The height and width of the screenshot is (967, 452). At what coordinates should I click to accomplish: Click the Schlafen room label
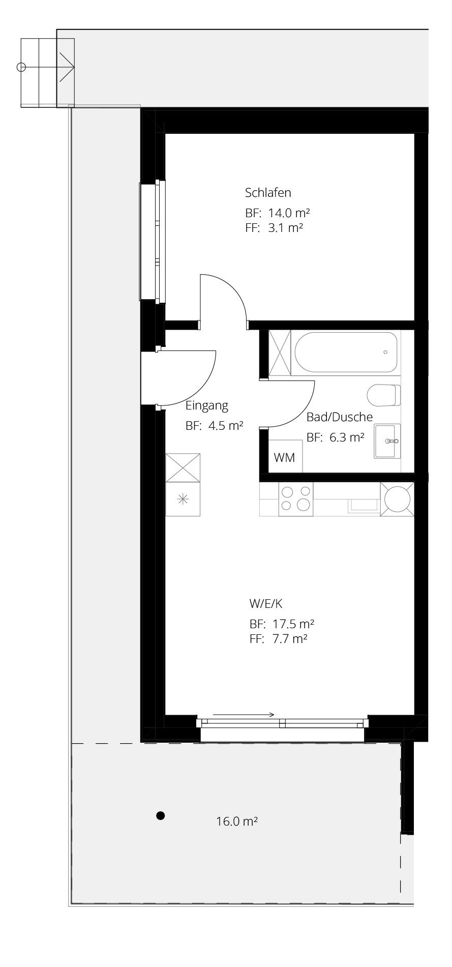(x=268, y=193)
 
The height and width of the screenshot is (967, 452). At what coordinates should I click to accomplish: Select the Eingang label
(x=207, y=406)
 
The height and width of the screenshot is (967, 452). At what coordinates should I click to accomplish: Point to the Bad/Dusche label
(x=340, y=417)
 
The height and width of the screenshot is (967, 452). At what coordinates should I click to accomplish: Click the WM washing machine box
(x=285, y=457)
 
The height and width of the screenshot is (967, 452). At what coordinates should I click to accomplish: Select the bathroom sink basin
(x=387, y=441)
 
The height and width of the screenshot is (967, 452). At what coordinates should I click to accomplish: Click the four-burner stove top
(x=296, y=499)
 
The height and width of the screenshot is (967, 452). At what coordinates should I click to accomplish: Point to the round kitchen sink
(x=397, y=499)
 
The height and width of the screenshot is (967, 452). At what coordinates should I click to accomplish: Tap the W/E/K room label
(x=266, y=604)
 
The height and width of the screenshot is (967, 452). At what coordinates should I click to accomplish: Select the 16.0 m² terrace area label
(x=237, y=821)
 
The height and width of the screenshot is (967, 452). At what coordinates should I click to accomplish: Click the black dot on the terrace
(x=161, y=816)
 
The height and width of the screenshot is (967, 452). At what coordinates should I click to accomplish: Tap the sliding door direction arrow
(x=244, y=714)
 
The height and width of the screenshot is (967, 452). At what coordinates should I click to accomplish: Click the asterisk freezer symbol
(x=183, y=499)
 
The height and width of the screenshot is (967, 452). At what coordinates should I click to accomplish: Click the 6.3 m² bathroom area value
(x=347, y=437)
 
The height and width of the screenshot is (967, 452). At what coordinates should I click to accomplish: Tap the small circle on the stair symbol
(x=21, y=67)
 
